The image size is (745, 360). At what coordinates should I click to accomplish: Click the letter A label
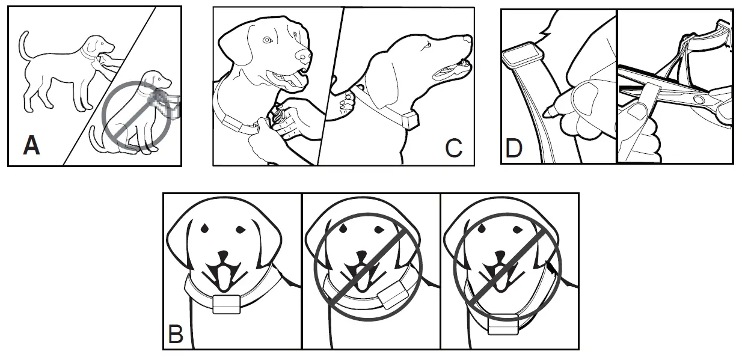tap(31, 145)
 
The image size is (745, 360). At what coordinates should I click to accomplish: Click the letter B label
tap(176, 334)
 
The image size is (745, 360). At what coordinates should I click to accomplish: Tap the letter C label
tap(453, 147)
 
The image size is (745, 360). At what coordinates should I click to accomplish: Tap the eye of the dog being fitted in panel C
tap(268, 40)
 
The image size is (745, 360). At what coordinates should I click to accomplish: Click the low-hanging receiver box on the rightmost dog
tap(503, 325)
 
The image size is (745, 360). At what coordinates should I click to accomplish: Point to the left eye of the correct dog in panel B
tap(204, 228)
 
